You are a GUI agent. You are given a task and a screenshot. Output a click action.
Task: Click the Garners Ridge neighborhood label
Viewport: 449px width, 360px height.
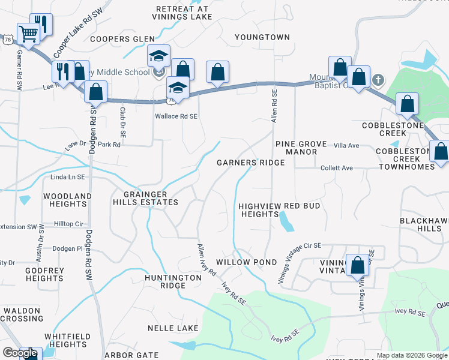tap(250, 163)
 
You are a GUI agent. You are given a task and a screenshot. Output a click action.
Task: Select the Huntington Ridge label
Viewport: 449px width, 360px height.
tap(173, 281)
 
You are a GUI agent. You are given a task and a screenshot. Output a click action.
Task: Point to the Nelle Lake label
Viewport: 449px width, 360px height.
tap(173, 328)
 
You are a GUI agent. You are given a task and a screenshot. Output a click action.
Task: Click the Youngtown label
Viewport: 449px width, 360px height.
tap(262, 37)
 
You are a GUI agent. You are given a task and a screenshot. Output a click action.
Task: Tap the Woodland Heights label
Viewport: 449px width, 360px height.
tap(67, 200)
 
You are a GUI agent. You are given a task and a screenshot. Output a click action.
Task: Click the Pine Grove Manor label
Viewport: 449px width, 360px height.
tap(301, 148)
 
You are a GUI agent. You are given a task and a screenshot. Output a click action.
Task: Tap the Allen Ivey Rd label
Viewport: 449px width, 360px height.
tap(207, 259)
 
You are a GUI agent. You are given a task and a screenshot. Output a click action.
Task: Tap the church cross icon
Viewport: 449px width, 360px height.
tap(378, 79)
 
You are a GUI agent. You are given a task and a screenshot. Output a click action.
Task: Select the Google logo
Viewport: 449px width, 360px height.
tap(20, 353)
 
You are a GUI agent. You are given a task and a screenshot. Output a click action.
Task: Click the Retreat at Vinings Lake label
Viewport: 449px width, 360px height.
tap(181, 13)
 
